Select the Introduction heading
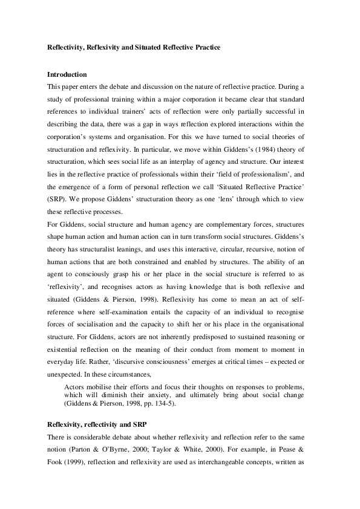(x=67, y=74)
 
